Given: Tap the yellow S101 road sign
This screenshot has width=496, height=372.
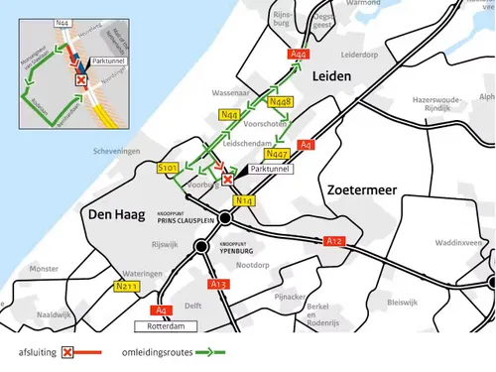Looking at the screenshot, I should coord(168,170).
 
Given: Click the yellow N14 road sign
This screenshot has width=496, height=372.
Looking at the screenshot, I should coord(244,200).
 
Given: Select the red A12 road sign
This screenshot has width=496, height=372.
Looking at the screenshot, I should coord(333,240).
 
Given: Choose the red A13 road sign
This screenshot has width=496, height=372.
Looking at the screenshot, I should coord(219,284).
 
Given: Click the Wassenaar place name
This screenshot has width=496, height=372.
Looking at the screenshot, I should coord(229,92).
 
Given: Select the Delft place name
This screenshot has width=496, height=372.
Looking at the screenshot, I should coord(194,306).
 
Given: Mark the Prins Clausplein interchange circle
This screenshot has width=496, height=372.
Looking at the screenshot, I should coord(226,217).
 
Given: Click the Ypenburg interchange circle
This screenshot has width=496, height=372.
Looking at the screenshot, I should coord(201,245).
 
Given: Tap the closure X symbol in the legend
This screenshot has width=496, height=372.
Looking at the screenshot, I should coord(67,352).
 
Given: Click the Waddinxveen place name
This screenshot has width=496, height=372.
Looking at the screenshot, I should coord(462,242).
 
